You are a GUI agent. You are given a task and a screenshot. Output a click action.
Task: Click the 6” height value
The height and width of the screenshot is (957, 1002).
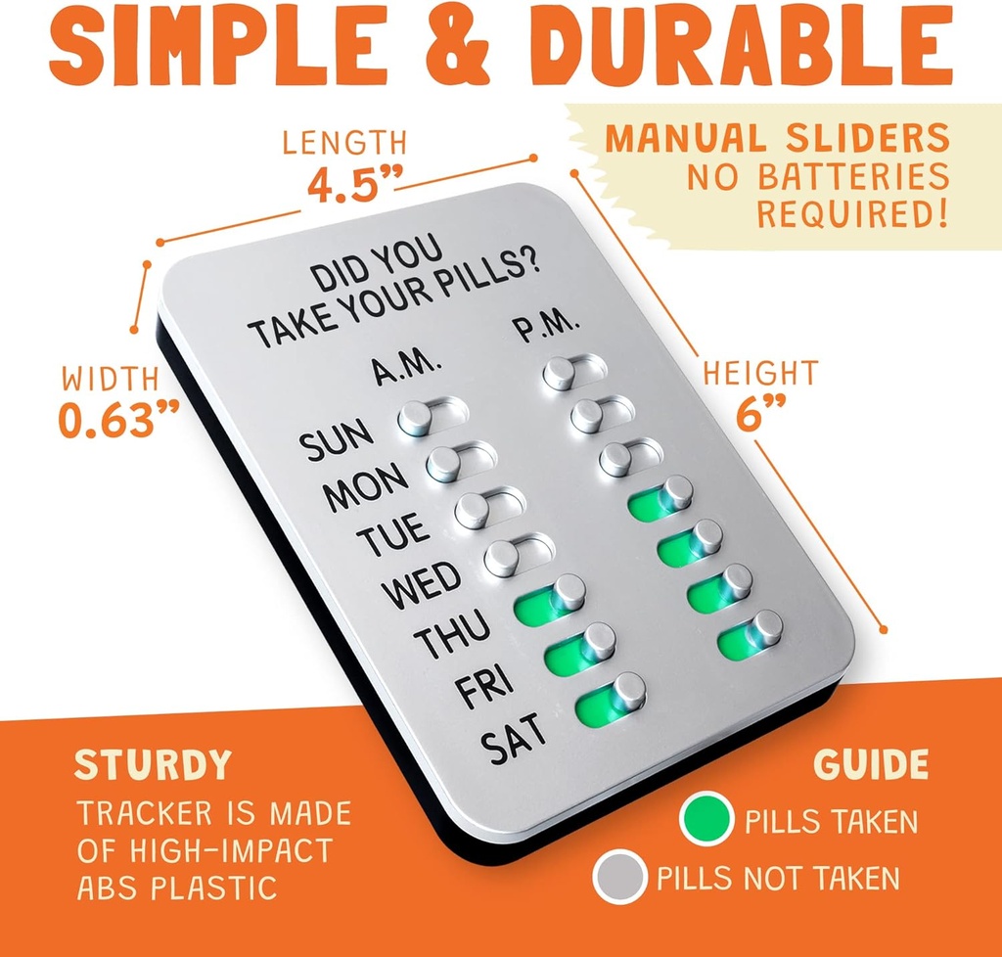pyautogui.click(x=760, y=417)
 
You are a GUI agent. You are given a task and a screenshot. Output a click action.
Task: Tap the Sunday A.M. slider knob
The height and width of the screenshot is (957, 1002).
pyautogui.click(x=415, y=419)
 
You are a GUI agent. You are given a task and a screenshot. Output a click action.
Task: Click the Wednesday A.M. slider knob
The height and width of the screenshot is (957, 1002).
pyautogui.click(x=503, y=559)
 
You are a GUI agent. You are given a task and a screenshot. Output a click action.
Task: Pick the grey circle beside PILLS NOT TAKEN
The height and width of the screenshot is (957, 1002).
pyautogui.click(x=619, y=877)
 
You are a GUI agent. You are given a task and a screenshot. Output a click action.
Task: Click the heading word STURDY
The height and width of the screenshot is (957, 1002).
pyautogui.click(x=153, y=764)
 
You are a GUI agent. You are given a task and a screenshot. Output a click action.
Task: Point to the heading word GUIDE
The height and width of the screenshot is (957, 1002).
pyautogui.click(x=871, y=764)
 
